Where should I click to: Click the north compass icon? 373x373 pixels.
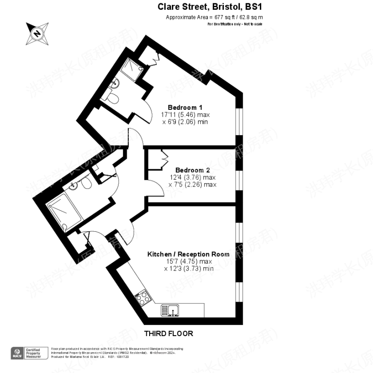pos(37,34)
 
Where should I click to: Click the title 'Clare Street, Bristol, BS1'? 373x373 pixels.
pos(210,7)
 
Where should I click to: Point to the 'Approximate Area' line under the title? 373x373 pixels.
pos(214,17)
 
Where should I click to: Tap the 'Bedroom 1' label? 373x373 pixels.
pos(185,107)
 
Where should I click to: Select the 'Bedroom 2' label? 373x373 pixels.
pos(192,170)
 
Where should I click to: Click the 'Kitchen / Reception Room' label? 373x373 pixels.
pos(188,254)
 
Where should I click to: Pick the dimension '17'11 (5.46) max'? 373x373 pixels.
pos(185,115)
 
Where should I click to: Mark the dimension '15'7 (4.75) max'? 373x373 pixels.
pos(188,261)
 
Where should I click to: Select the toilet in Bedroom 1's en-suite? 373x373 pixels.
pos(112,99)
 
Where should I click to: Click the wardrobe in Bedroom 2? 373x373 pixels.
pos(157,160)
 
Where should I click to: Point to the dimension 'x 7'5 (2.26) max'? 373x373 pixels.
pos(192,185)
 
